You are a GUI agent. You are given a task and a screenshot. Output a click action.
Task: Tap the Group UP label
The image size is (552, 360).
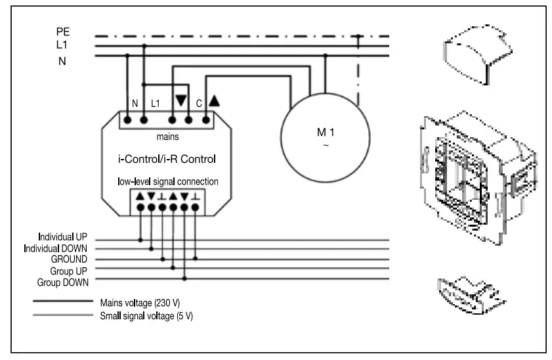(77, 270)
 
